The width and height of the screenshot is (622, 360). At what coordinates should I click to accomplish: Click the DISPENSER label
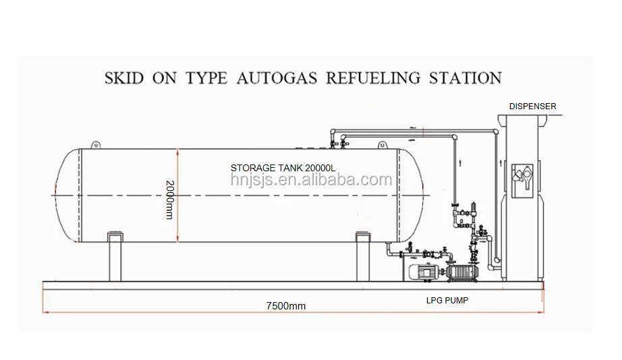pyautogui.click(x=532, y=107)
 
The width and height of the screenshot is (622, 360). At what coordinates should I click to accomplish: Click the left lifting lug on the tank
pyautogui.click(x=96, y=144)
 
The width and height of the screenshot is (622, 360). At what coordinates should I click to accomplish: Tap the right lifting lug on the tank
pyautogui.click(x=383, y=143)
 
